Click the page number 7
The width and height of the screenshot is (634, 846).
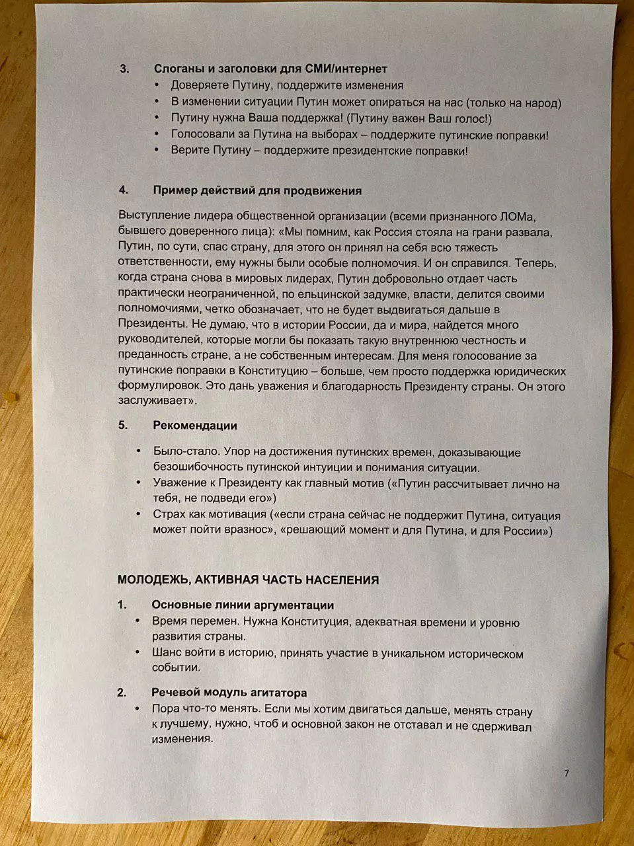pyautogui.click(x=566, y=773)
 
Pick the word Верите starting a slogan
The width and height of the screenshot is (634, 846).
pyautogui.click(x=190, y=151)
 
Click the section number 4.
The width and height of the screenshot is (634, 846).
pyautogui.click(x=124, y=190)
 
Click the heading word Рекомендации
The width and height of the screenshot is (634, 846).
pyautogui.click(x=194, y=426)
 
